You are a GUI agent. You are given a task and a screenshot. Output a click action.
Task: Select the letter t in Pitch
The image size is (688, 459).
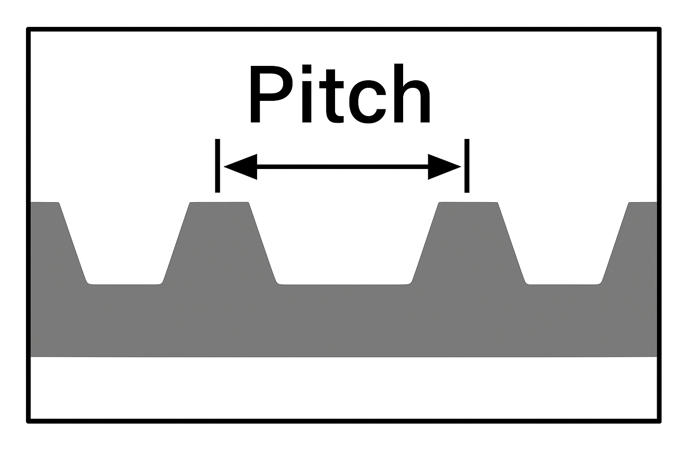click(334, 96)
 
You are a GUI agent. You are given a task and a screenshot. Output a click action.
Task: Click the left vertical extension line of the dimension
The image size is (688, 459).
click(218, 165)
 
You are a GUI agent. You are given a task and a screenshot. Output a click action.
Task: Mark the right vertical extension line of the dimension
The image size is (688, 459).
click(467, 165)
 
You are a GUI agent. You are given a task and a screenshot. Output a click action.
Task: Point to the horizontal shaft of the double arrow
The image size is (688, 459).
click(343, 167)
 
